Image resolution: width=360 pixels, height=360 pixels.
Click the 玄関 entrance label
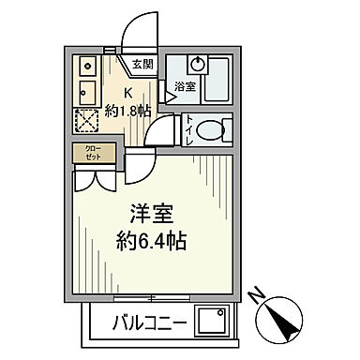[142, 64]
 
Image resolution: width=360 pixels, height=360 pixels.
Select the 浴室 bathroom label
[184, 86]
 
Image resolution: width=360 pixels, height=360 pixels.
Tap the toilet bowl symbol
[215, 127]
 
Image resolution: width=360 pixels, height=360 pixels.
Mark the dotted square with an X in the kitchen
[87, 120]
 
